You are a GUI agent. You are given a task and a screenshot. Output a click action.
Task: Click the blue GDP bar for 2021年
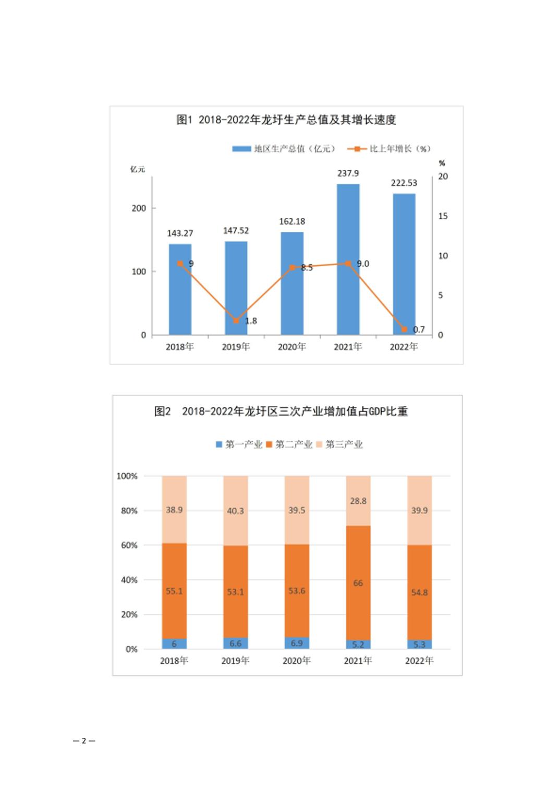pyautogui.click(x=348, y=261)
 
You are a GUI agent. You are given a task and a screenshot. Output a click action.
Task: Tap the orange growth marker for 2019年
pyautogui.click(x=236, y=320)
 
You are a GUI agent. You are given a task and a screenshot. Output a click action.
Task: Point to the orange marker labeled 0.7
pyautogui.click(x=404, y=329)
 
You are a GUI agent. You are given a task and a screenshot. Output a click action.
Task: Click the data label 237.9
pyautogui.click(x=348, y=173)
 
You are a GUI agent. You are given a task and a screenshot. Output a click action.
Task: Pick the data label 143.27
pyautogui.click(x=180, y=233)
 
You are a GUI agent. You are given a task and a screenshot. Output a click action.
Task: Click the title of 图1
pyautogui.click(x=286, y=120)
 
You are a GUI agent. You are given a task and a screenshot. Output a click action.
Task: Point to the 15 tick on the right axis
pyautogui.click(x=443, y=216)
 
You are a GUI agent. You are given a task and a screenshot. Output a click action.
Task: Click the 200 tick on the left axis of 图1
pyautogui.click(x=139, y=208)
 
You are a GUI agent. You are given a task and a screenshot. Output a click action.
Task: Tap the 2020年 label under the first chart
pyautogui.click(x=291, y=347)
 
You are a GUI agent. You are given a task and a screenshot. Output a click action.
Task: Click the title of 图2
pyautogui.click(x=281, y=411)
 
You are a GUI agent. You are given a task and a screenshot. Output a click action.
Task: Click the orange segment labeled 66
pyautogui.click(x=358, y=583)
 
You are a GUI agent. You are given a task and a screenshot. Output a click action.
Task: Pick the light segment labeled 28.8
pyautogui.click(x=358, y=501)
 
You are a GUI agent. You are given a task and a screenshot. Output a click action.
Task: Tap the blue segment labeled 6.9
pyautogui.click(x=297, y=643)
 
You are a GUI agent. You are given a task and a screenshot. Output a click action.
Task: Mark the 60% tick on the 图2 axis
pyautogui.click(x=129, y=545)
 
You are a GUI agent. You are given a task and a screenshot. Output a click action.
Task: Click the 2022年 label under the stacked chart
pyautogui.click(x=419, y=661)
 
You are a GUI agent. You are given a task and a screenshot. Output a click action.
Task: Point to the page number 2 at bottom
pyautogui.click(x=84, y=740)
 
